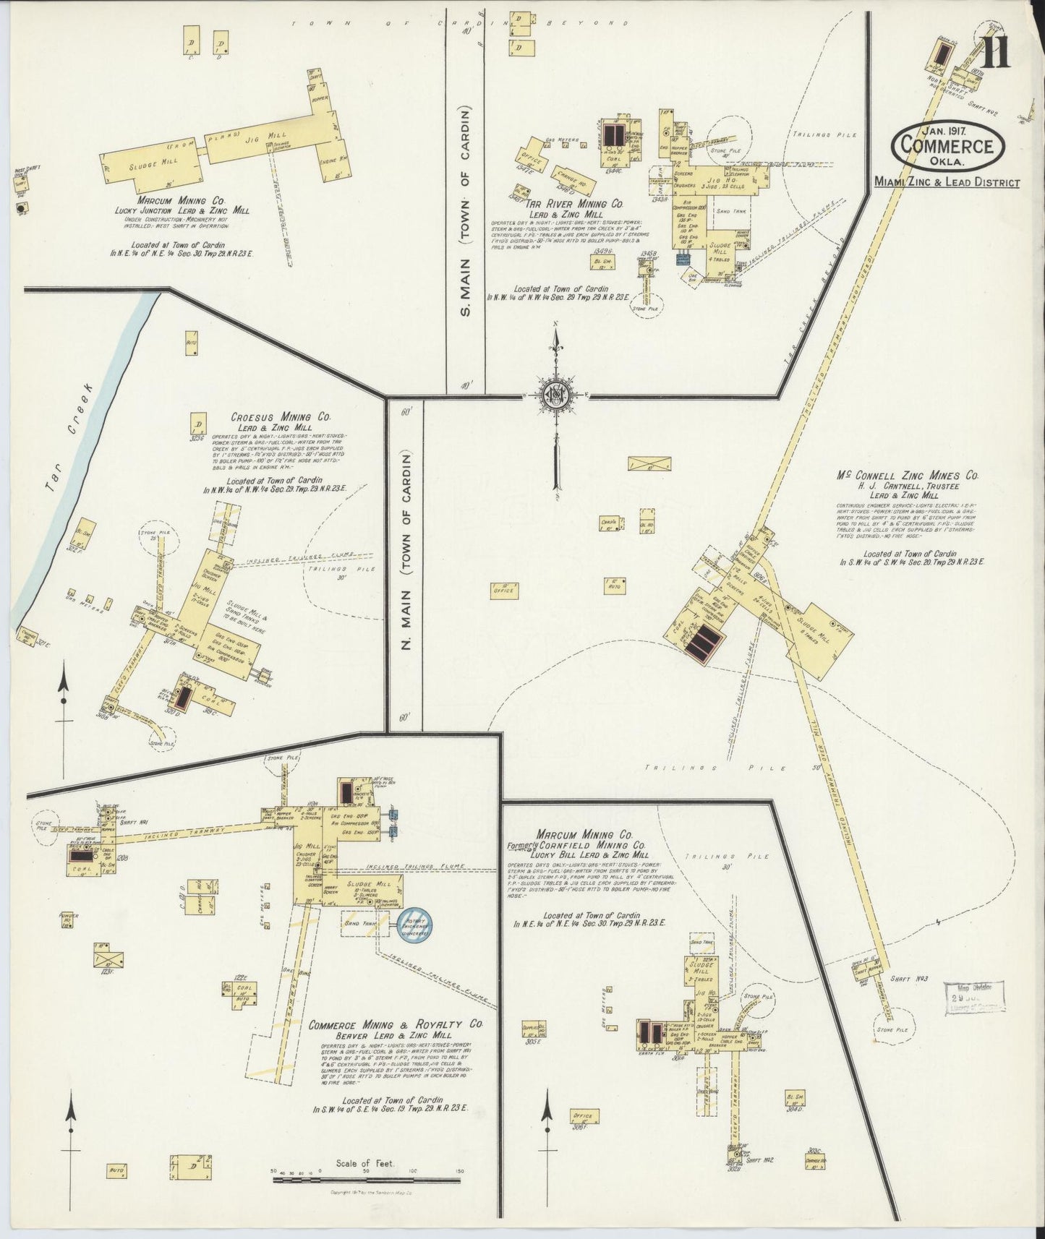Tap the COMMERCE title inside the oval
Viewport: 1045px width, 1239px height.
(948, 145)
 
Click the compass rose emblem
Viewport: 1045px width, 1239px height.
(555, 395)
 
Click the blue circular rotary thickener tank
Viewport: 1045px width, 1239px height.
(414, 925)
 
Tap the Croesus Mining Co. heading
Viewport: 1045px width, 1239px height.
(281, 417)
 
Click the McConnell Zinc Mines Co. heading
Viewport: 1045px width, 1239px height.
(908, 476)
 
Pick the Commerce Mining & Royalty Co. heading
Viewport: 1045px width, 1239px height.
(396, 1025)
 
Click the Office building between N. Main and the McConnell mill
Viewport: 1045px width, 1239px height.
(503, 591)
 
